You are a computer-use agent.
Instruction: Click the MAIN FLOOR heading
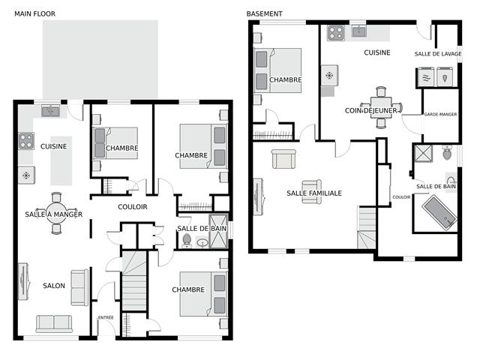pos(35,13)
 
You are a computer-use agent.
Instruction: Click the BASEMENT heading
pos(265,13)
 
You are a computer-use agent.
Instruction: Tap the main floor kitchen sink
pos(51,111)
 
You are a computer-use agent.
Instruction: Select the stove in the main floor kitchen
pos(26,141)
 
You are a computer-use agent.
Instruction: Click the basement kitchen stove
pos(336,33)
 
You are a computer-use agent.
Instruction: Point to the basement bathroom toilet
pos(447,153)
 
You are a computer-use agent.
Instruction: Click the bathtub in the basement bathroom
pos(439,212)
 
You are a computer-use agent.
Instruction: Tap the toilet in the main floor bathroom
pos(187,241)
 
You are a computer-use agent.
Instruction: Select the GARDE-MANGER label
pos(440,115)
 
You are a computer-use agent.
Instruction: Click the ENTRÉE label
pos(106,318)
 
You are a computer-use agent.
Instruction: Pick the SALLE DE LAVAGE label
pos(438,54)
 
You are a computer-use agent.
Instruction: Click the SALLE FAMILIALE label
pos(314,193)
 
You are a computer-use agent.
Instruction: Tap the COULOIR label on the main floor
pos(133,207)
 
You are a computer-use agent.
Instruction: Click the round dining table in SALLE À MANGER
pos(56,213)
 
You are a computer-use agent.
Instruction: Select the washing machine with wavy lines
pos(427,76)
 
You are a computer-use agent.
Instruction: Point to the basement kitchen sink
pos(358,31)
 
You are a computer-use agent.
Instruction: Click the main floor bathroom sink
pos(202,243)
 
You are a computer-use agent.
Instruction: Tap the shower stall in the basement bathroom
pos(423,153)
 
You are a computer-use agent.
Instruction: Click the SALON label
pos(54,286)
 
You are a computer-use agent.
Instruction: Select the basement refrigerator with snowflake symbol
pos(329,75)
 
